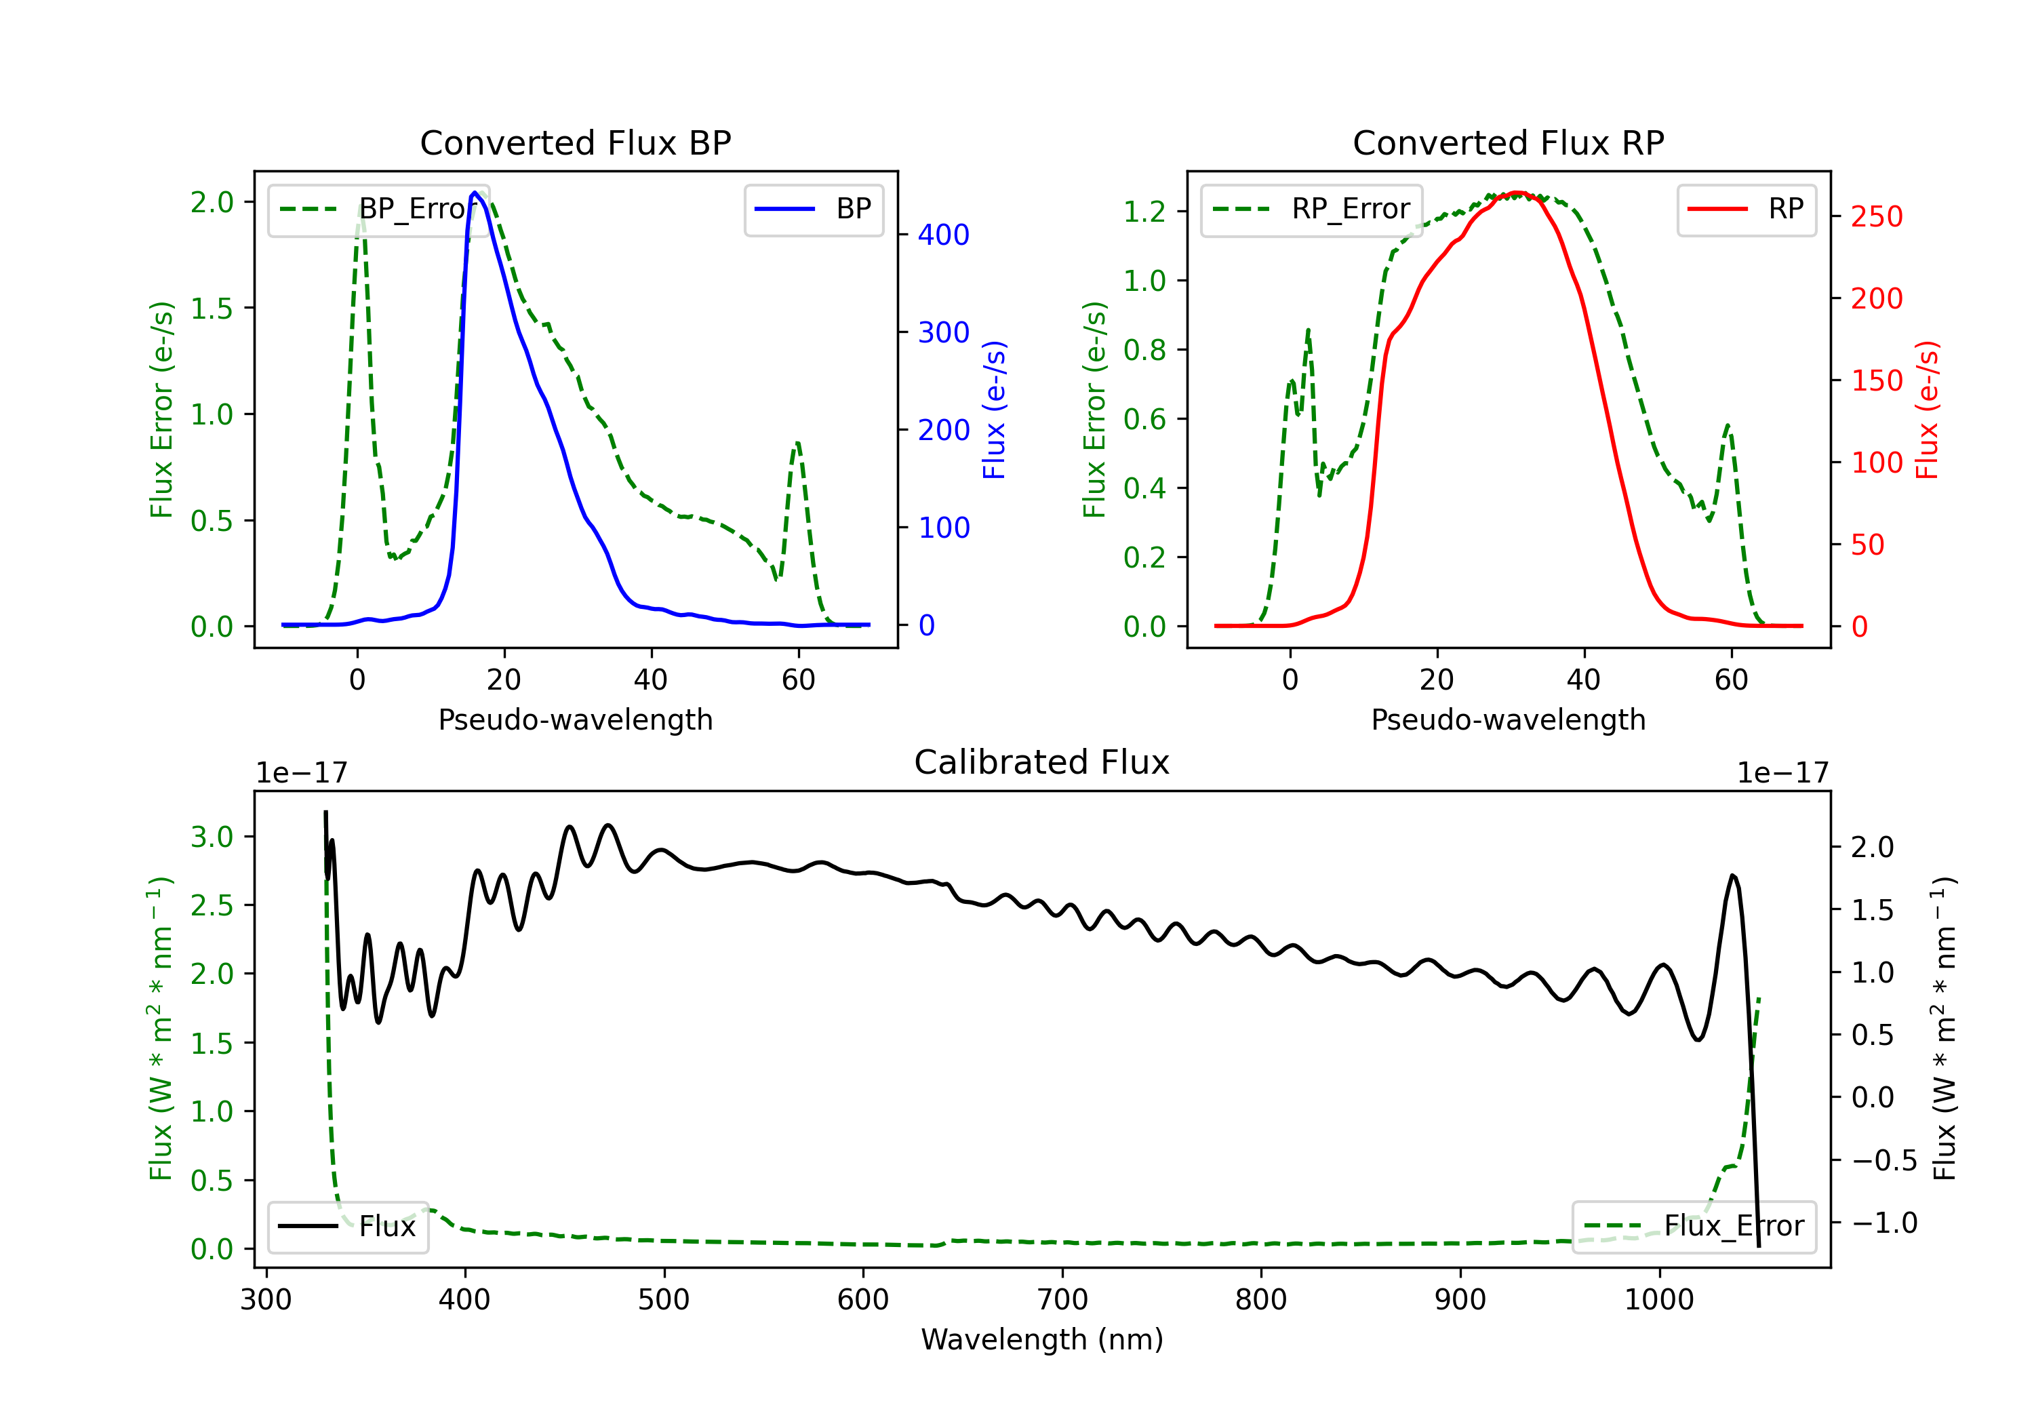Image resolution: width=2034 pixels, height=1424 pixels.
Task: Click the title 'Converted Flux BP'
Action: point(575,142)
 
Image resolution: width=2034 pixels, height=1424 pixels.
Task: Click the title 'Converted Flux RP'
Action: point(1508,142)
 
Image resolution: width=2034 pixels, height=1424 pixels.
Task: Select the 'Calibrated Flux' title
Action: point(1042,762)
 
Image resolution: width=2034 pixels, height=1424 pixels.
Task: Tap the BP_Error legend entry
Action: point(379,209)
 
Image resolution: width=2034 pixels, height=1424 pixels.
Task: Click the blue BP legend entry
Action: point(813,209)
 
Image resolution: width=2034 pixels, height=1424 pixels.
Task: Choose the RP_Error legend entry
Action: point(1311,209)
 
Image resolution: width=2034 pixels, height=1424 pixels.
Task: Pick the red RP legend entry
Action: point(1746,209)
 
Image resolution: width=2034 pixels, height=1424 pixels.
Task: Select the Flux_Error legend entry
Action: point(1694,1227)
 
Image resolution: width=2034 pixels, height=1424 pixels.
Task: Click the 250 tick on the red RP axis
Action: point(1876,216)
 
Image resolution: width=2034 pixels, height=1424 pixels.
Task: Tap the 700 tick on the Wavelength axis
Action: point(1062,1300)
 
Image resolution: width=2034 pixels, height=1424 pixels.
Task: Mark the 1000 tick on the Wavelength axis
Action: point(1659,1300)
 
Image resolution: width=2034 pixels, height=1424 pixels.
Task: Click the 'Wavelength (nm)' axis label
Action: point(1042,1339)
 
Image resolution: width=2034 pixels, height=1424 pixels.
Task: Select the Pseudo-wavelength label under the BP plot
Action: point(575,719)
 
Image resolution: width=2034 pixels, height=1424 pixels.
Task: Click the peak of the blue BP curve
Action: point(475,193)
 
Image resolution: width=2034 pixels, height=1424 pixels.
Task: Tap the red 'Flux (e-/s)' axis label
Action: point(1928,410)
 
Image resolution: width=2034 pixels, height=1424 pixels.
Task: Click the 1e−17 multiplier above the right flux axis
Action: point(1782,773)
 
